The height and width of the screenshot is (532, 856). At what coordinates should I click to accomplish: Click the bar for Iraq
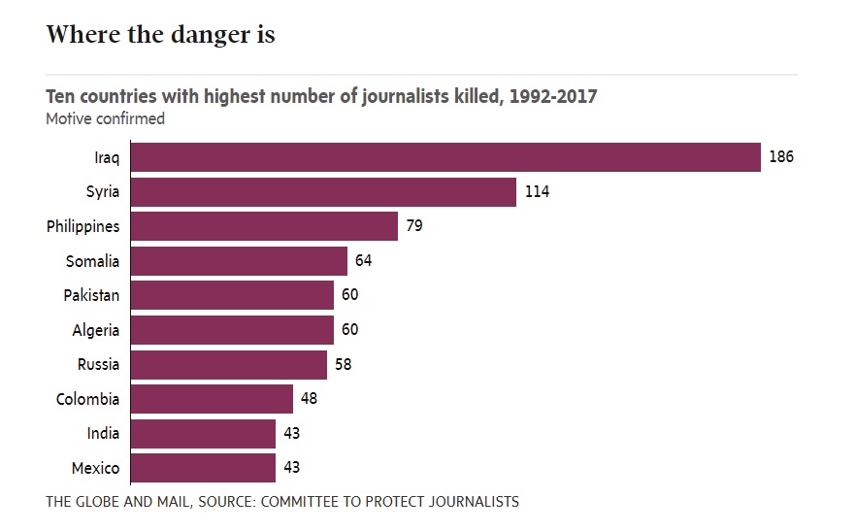tap(444, 157)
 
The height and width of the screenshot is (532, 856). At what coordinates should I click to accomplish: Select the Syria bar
tap(322, 192)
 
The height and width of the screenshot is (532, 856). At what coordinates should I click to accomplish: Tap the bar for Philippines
tap(263, 226)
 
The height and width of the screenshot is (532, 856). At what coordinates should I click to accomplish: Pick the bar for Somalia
tap(238, 261)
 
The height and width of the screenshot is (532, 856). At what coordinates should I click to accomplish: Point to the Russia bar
tap(228, 365)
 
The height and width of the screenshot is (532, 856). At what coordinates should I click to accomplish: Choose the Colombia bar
tap(211, 399)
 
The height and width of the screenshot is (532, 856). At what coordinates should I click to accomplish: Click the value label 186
tap(781, 157)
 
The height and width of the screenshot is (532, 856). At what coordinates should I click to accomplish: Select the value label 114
tap(537, 192)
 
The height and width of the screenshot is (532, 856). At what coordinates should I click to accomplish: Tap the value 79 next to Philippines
tap(414, 226)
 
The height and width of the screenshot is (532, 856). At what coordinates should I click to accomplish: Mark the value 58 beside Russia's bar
tap(344, 365)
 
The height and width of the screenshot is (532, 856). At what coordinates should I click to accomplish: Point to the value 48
tap(309, 399)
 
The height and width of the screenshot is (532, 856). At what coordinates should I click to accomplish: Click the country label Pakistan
tap(91, 295)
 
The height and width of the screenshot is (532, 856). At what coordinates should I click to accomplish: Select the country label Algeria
tap(95, 330)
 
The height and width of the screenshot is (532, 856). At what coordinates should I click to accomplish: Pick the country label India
tap(104, 434)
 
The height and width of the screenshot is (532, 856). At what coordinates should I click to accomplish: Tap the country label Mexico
tap(95, 469)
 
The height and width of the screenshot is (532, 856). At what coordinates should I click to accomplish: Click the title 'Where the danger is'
tap(160, 35)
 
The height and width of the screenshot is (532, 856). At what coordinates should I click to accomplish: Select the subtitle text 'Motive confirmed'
tap(105, 119)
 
